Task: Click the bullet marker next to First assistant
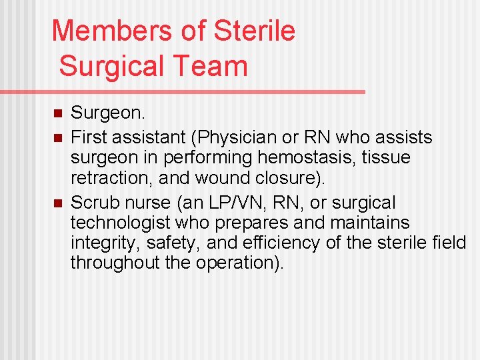57,138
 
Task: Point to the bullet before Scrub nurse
57,203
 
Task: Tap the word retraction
107,179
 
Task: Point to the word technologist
117,223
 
